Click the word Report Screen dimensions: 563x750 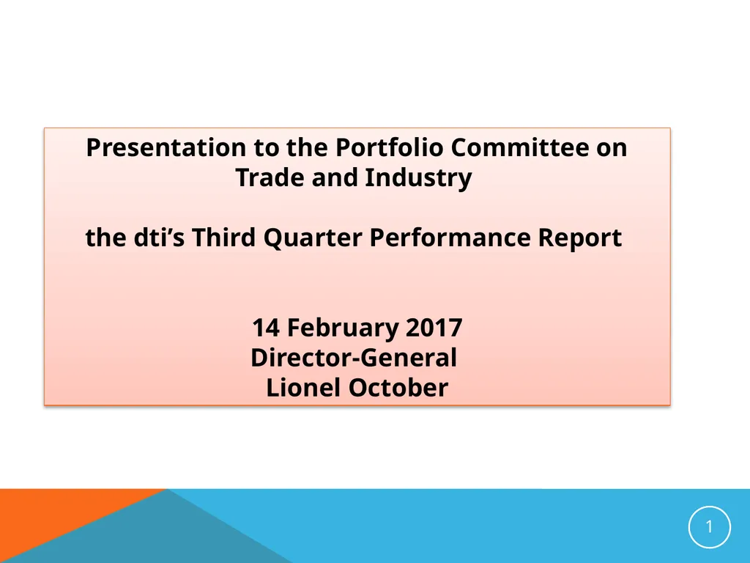coord(581,238)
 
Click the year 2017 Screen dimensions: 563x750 coord(434,328)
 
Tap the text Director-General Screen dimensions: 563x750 coord(354,358)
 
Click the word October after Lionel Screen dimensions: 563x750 coord(398,388)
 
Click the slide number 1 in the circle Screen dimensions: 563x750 coord(709,527)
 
